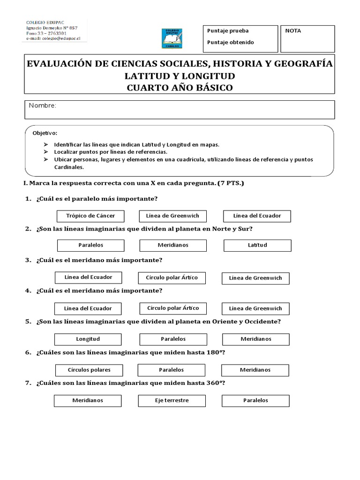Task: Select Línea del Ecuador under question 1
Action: pyautogui.click(x=257, y=216)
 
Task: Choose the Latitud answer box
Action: pyautogui.click(x=257, y=245)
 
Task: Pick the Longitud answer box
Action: pyautogui.click(x=88, y=339)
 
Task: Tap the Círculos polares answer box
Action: pyautogui.click(x=89, y=370)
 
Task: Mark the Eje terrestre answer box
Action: pyautogui.click(x=172, y=401)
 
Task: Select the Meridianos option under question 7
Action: pyautogui.click(x=88, y=401)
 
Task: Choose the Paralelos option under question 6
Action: pyautogui.click(x=171, y=370)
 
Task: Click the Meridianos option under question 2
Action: pyautogui.click(x=173, y=245)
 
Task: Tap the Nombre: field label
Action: pyautogui.click(x=42, y=106)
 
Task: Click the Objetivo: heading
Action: pyautogui.click(x=45, y=133)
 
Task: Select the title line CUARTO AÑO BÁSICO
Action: pyautogui.click(x=180, y=87)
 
